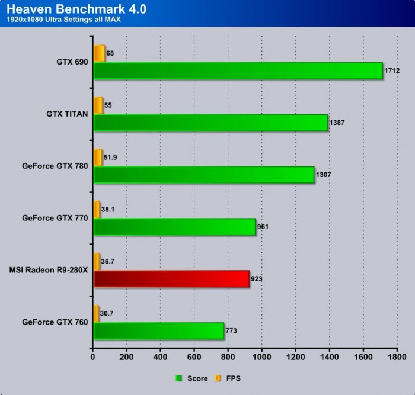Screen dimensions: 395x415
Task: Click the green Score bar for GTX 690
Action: pos(237,71)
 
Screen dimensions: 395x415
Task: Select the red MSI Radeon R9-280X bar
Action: pos(171,278)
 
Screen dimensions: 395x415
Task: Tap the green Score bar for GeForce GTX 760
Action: pos(158,330)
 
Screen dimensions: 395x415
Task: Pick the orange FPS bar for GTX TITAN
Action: pos(98,105)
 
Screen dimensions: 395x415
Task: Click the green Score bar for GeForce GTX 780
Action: pos(203,175)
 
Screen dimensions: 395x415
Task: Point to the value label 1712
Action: pos(392,70)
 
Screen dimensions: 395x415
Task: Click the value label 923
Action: pos(257,278)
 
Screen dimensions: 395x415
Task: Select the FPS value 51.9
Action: pos(110,157)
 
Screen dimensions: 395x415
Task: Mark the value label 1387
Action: pos(336,123)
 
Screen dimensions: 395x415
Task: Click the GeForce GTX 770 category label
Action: pos(55,218)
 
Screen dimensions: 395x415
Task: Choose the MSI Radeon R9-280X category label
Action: pos(49,270)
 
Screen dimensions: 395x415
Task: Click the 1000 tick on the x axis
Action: pos(261,358)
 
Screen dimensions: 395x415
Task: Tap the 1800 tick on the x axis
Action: pos(397,358)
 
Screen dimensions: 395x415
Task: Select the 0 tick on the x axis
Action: pos(93,358)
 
